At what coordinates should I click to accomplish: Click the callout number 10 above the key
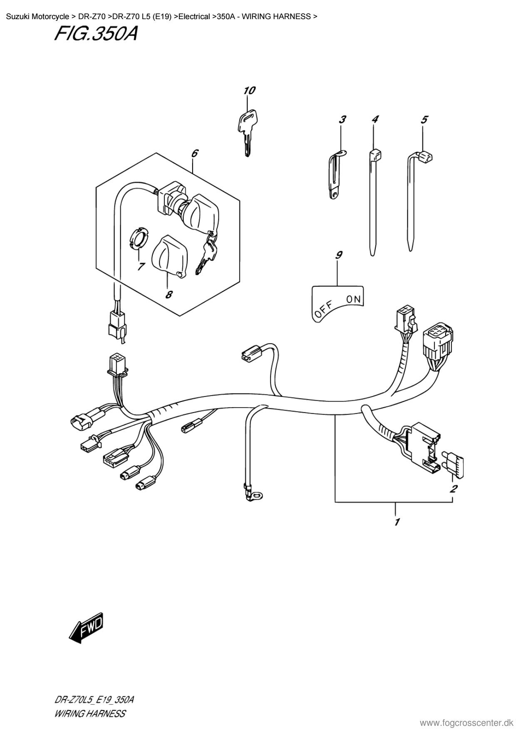point(249,90)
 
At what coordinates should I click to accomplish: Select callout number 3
point(342,120)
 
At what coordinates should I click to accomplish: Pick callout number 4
point(375,120)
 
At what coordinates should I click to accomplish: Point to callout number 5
point(424,120)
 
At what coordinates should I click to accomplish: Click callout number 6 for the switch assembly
point(194,153)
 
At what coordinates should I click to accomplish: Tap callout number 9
point(339,255)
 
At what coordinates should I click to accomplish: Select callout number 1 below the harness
point(397,522)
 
